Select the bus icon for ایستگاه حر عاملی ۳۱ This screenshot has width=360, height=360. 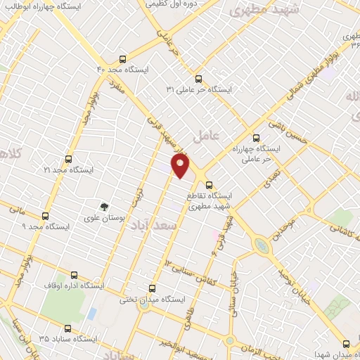[x=198, y=79]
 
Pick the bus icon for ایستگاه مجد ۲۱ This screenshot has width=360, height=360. [x=68, y=159]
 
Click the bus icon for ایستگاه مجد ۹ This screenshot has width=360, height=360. [x=46, y=216]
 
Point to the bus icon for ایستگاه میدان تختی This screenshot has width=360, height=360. [x=153, y=288]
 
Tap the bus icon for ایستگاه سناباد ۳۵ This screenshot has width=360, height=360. [x=68, y=328]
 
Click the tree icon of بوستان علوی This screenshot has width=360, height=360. [x=104, y=207]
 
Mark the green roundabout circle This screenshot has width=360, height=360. [x=261, y=246]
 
